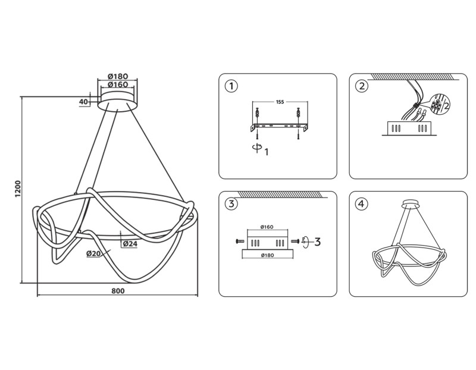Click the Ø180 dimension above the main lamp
pyautogui.click(x=118, y=76)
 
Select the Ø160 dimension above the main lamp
pyautogui.click(x=118, y=84)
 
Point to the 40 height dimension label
pyautogui.click(x=83, y=102)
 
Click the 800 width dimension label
pyautogui.click(x=118, y=291)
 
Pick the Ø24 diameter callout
pyautogui.click(x=130, y=244)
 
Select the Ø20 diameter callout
pyautogui.click(x=93, y=253)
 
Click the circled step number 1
pyautogui.click(x=231, y=86)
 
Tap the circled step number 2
pyautogui.click(x=361, y=86)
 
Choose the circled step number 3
pyautogui.click(x=231, y=203)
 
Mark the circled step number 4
pyautogui.click(x=361, y=203)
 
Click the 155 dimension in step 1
pyautogui.click(x=280, y=102)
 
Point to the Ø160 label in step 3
pyautogui.click(x=267, y=227)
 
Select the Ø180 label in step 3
pyautogui.click(x=267, y=255)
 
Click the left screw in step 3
pyautogui.click(x=240, y=242)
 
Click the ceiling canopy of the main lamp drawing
pyautogui.click(x=118, y=102)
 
